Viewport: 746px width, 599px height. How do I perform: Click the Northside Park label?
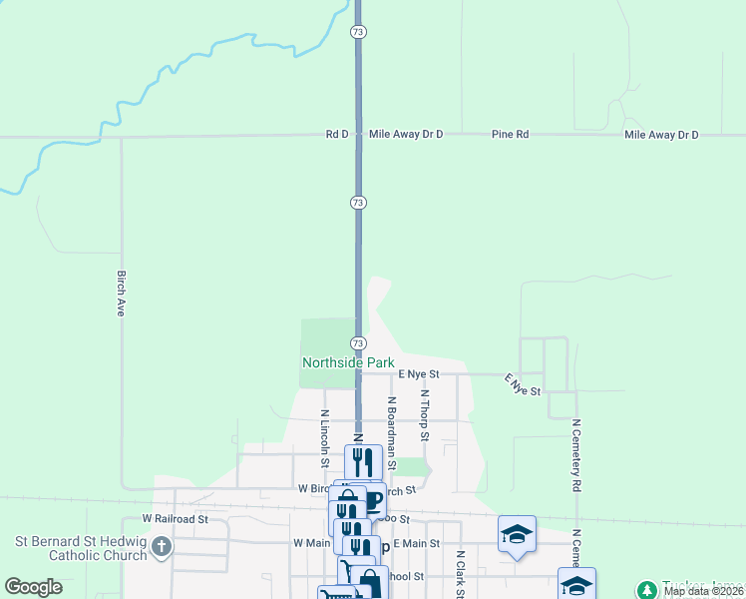348,363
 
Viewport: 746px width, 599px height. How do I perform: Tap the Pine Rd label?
510,134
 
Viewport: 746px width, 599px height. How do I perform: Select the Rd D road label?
337,134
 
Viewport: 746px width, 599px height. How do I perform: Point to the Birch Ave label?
120,294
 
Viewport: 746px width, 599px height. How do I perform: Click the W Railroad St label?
175,519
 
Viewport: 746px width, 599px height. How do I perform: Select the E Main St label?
416,542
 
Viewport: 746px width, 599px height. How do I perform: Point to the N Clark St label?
461,574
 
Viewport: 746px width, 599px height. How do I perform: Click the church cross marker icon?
162,548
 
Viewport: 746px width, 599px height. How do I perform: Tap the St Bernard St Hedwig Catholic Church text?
80,548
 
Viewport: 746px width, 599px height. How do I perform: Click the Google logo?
33,587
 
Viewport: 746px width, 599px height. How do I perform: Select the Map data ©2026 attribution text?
703,591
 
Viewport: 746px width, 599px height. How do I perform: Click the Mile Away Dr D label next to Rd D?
405,134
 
